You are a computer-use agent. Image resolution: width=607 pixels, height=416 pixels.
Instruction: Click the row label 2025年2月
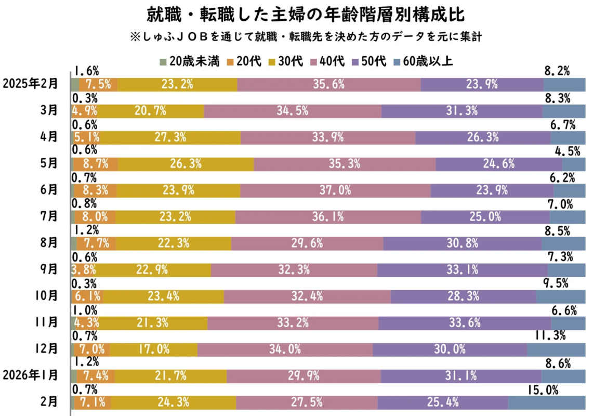click(30, 84)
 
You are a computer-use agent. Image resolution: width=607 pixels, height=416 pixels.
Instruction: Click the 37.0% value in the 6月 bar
click(335, 190)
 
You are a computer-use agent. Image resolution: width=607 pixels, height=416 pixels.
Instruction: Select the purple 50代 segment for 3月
click(462, 111)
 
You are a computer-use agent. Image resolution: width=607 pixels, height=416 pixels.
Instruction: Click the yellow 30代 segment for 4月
click(169, 137)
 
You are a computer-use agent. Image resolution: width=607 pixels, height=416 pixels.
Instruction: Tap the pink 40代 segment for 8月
click(307, 243)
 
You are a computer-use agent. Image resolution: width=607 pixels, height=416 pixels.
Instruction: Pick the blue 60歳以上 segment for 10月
click(561, 296)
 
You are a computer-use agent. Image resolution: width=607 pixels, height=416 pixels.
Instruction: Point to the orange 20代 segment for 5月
click(96, 164)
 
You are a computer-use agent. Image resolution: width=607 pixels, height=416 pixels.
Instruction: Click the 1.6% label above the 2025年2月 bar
click(86, 71)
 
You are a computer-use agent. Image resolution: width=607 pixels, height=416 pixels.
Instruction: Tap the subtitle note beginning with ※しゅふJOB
click(307, 38)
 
